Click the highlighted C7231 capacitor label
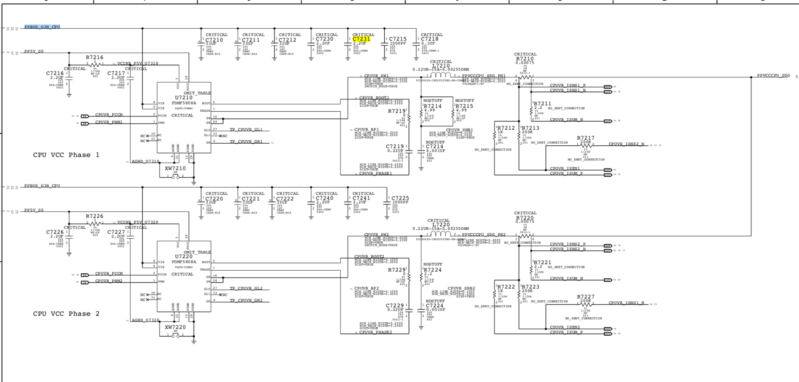click(x=361, y=39)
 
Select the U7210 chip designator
click(x=184, y=98)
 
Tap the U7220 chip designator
click(x=184, y=257)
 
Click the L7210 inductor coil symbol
click(x=441, y=75)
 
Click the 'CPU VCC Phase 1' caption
click(x=66, y=155)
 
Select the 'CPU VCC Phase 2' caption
click(x=66, y=314)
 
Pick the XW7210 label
click(x=175, y=168)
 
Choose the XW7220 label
click(x=175, y=327)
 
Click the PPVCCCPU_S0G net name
click(x=773, y=75)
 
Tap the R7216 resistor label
click(x=94, y=57)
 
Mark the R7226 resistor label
click(x=94, y=216)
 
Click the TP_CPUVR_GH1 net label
click(x=246, y=142)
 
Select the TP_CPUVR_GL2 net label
click(x=246, y=289)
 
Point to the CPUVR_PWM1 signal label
click(x=109, y=122)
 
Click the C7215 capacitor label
click(x=398, y=39)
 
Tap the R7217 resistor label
click(x=586, y=138)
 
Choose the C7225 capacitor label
click(x=400, y=198)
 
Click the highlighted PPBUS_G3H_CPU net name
click(x=42, y=27)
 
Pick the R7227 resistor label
click(x=586, y=297)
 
